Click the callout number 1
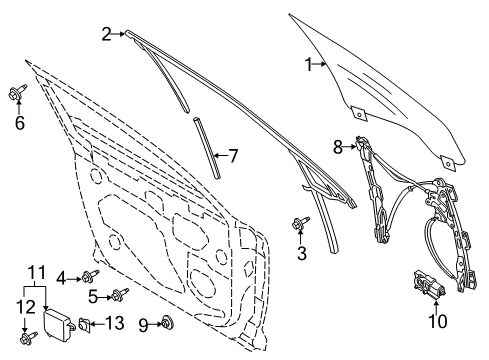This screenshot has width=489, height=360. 309,66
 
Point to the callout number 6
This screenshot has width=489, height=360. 18,124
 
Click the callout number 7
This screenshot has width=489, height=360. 233,156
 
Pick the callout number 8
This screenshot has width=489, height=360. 338,145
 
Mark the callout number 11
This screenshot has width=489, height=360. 36,271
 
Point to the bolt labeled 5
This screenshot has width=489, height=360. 121,294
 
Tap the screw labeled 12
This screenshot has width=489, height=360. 28,337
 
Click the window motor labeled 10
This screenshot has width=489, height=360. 427,288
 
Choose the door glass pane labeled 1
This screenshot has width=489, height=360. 380,85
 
